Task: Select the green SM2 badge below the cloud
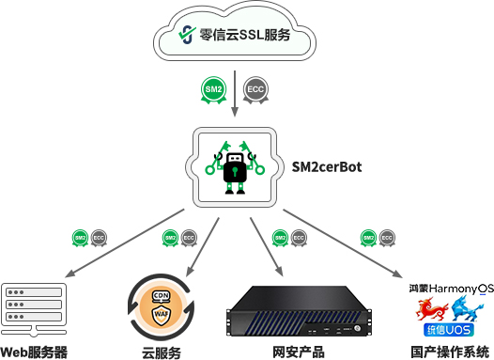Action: click(215, 89)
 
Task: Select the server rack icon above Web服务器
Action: click(34, 305)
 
